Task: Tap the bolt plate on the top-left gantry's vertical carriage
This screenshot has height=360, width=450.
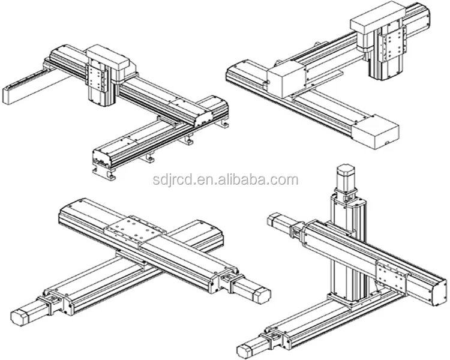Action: (97, 77)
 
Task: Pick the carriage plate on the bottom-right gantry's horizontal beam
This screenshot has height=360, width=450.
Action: (392, 273)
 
